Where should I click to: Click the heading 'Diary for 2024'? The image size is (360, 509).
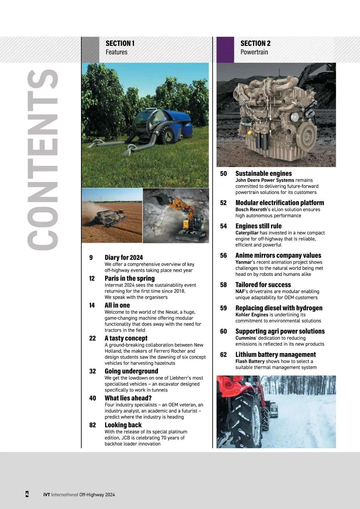(x=124, y=258)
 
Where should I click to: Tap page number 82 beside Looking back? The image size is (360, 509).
(x=92, y=425)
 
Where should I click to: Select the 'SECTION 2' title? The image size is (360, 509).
(x=255, y=44)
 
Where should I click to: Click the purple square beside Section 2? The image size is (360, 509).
(x=225, y=50)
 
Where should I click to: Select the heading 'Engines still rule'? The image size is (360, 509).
(x=258, y=226)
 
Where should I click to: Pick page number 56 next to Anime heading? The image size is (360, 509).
(x=223, y=255)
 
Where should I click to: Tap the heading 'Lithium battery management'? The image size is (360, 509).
(x=275, y=354)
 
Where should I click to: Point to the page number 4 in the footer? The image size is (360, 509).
(x=27, y=494)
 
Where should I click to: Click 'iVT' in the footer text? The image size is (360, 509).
(x=46, y=495)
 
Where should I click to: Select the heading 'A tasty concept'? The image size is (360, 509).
(x=126, y=338)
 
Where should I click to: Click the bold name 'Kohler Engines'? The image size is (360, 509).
(x=252, y=315)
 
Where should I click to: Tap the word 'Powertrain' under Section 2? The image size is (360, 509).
(x=254, y=52)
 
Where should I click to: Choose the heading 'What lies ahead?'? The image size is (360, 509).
(x=128, y=398)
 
